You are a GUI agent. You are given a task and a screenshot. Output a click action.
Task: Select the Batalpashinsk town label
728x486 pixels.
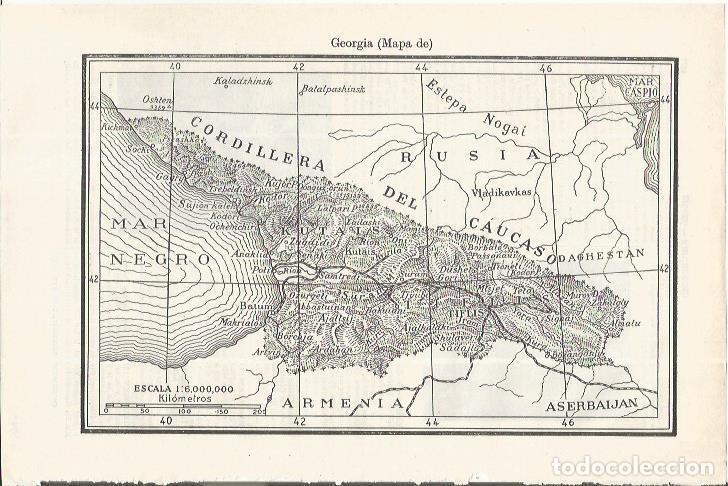pos(335,89)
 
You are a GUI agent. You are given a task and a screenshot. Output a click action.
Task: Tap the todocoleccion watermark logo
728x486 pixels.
pos(641,466)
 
